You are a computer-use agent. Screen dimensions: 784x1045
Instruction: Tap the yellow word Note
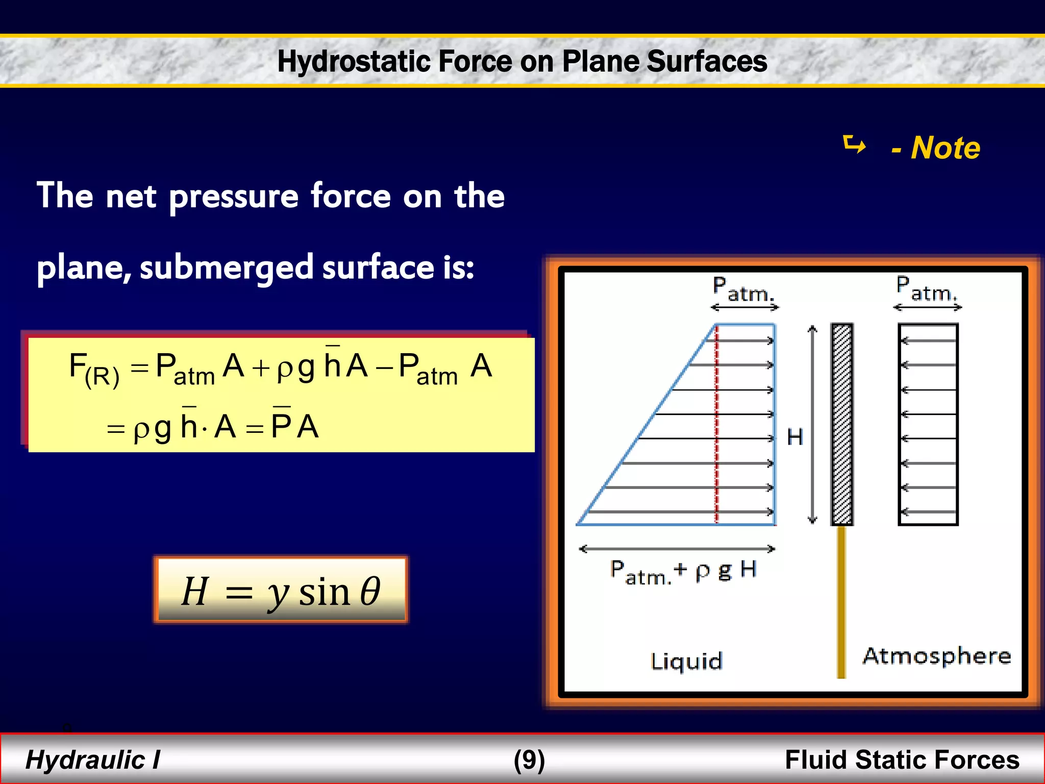[945, 148]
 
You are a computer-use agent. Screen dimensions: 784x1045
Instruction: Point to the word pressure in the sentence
[233, 197]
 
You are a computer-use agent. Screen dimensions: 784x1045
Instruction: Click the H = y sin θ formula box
[281, 590]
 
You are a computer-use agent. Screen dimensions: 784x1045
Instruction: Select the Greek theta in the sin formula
[370, 591]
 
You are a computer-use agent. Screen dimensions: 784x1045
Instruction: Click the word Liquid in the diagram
[687, 661]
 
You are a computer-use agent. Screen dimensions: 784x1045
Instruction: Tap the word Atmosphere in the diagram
[936, 656]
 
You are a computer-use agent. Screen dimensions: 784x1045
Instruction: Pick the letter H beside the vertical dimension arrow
[795, 437]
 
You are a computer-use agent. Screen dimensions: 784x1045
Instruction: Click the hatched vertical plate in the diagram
[842, 424]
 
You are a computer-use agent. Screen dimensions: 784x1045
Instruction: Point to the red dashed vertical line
[716, 424]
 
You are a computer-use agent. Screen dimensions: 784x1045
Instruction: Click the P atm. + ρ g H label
[683, 572]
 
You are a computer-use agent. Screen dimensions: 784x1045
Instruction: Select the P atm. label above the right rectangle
[927, 289]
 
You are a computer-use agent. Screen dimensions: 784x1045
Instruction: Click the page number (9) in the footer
[529, 760]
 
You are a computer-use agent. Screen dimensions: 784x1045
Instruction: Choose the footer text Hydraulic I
[93, 760]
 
